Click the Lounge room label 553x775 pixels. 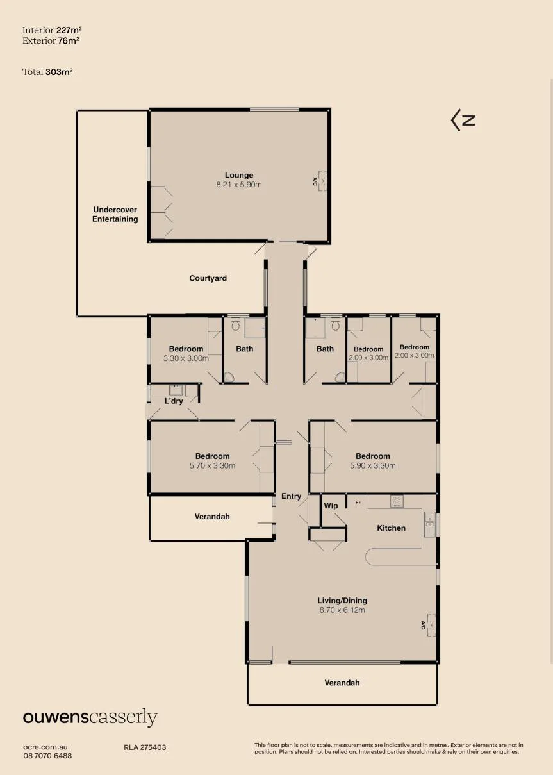coord(239,175)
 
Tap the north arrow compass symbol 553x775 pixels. coord(463,120)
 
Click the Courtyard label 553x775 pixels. coord(208,278)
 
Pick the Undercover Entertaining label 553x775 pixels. coord(115,214)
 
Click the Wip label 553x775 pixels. coord(331,506)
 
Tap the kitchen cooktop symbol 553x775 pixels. coord(397,501)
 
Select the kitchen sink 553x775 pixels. coord(429,524)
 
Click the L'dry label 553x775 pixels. coord(174,401)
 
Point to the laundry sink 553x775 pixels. coord(176,390)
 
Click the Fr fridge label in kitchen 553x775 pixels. coord(358,503)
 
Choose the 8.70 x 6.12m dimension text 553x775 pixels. coord(342,610)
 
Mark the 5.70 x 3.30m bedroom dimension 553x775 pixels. coord(212,465)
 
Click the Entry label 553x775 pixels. coord(291,497)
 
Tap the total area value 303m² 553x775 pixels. coord(59,72)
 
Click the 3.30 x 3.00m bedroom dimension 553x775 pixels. coord(186,358)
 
